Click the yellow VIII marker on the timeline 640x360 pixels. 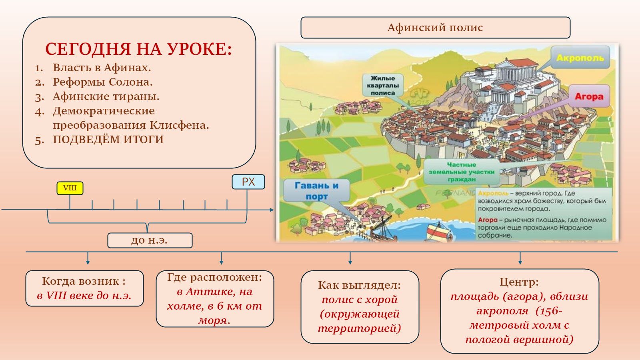pos(70,188)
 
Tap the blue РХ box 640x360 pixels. pos(248,182)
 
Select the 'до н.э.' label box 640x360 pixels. pos(150,240)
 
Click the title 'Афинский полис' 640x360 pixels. pos(435,28)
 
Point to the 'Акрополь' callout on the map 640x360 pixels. pos(580,58)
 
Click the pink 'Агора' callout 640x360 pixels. pos(589,96)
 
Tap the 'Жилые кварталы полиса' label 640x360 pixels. pos(383,85)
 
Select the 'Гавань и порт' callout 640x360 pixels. pos(316,191)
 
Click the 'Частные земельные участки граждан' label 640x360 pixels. pos(462,172)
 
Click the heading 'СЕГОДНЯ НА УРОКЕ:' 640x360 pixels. pos(138,49)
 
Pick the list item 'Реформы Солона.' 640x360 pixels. pos(102,82)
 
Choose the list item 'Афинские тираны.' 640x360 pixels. pos(106,96)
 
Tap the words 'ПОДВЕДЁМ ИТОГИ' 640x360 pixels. pos(108,140)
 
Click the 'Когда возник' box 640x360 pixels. pos(84,288)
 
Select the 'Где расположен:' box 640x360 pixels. pos(215,298)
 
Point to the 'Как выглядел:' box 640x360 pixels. pos(360,307)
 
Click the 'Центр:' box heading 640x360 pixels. pos(519,282)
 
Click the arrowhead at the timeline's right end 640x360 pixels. pos(272,210)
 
